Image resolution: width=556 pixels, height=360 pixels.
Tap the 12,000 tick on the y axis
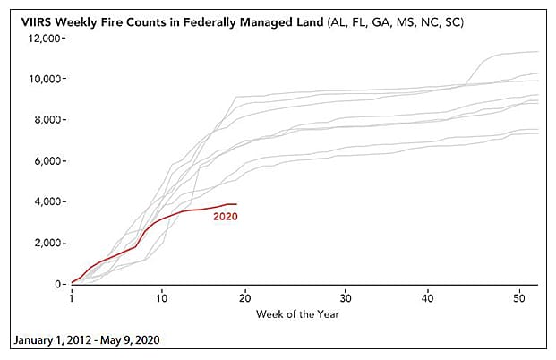click(x=44, y=38)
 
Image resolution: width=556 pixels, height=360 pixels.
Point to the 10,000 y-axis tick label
click(x=44, y=79)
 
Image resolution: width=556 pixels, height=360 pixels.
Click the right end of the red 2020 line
click(x=236, y=204)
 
